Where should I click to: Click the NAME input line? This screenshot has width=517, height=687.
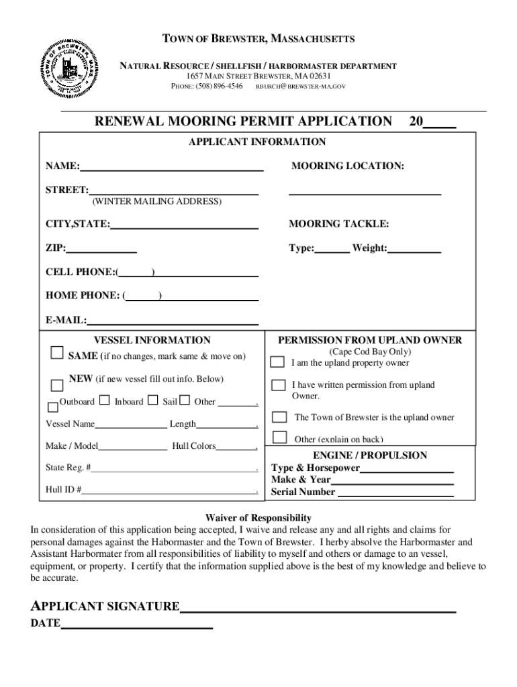click(171, 166)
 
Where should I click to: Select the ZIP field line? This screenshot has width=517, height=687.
click(101, 248)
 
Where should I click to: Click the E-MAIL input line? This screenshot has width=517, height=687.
click(173, 321)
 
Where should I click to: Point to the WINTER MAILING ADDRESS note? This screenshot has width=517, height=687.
click(156, 201)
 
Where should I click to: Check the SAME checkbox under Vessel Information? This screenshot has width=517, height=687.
click(57, 354)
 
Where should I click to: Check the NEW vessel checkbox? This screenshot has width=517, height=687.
click(57, 385)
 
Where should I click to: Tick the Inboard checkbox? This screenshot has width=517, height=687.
click(105, 401)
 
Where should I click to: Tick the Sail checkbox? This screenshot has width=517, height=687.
click(152, 401)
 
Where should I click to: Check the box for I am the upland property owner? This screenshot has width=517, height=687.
click(277, 362)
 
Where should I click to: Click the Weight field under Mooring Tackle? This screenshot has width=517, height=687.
click(414, 249)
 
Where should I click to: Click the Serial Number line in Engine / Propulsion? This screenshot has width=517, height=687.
click(395, 492)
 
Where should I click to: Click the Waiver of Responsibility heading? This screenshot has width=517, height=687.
click(258, 518)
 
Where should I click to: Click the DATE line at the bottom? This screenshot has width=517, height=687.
click(136, 625)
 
